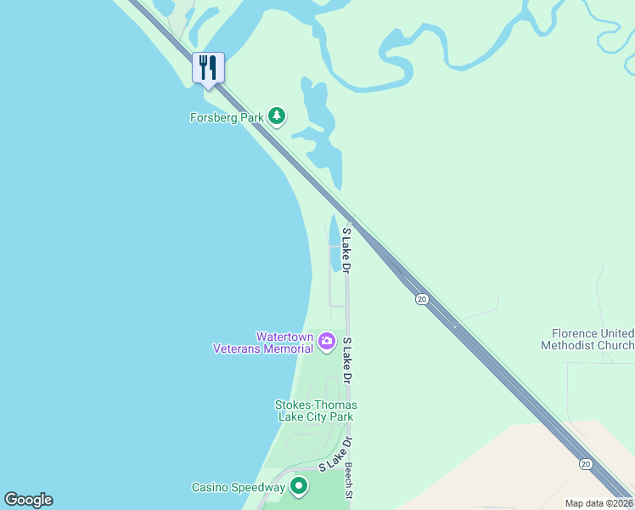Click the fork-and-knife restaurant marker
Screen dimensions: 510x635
[x=208, y=67]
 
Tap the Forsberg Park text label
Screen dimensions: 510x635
[x=227, y=117]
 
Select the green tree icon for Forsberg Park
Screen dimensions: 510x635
[x=276, y=116]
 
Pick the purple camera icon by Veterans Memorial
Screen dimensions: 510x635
[x=327, y=342]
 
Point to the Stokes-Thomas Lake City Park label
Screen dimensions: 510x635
[x=316, y=411]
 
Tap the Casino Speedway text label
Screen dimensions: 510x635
[x=238, y=487]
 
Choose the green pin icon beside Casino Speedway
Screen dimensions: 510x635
[x=298, y=486]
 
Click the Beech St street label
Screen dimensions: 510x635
[x=348, y=480]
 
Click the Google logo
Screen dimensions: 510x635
[x=28, y=500]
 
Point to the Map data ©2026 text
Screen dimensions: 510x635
[x=598, y=503]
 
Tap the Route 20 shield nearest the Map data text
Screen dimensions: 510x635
[x=585, y=463]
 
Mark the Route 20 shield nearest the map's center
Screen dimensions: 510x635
[x=421, y=298]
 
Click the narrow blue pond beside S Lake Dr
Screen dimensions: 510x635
[x=335, y=244]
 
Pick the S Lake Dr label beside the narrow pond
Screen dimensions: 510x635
[x=346, y=249]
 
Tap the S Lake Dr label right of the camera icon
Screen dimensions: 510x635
[x=347, y=359]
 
